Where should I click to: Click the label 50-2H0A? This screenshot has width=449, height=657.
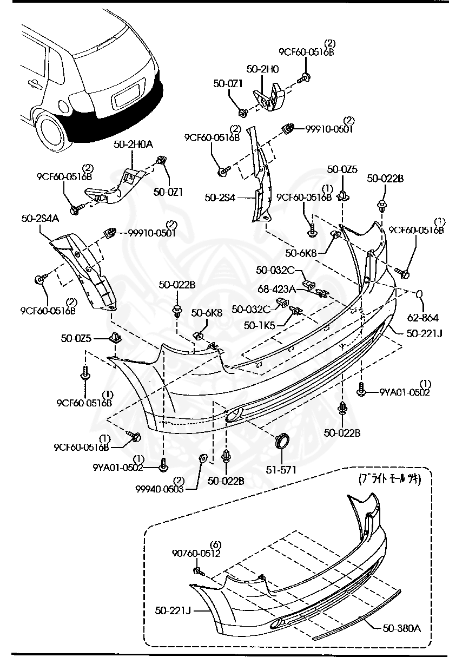coord(133,144)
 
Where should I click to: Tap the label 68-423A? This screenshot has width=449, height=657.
coord(276,290)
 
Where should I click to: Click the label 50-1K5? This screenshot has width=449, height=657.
coord(259,325)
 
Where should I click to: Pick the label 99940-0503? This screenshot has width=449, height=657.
coord(160,488)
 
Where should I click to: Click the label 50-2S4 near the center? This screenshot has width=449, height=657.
coord(220,198)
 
